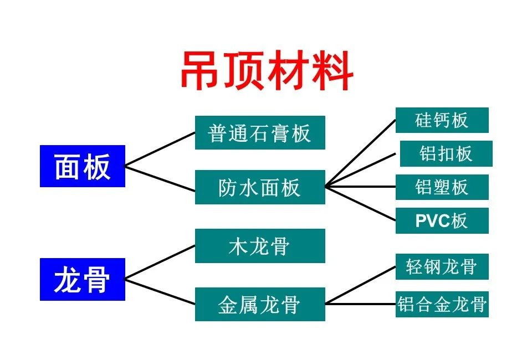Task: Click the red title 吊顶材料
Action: pyautogui.click(x=267, y=70)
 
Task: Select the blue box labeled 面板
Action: pyautogui.click(x=83, y=166)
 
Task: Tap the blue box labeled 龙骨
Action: pyautogui.click(x=83, y=279)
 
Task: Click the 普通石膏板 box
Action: pyautogui.click(x=260, y=133)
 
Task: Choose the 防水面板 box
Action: pyautogui.click(x=260, y=187)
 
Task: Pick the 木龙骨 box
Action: pyautogui.click(x=260, y=246)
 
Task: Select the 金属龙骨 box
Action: pyautogui.click(x=260, y=304)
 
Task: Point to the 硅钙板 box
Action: pyautogui.click(x=442, y=120)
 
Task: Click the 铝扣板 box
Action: pyautogui.click(x=446, y=154)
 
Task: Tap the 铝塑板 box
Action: pyautogui.click(x=442, y=187)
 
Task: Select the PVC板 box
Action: pyautogui.click(x=442, y=220)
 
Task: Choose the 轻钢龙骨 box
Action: pyautogui.click(x=442, y=266)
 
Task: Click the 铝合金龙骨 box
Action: pyautogui.click(x=442, y=304)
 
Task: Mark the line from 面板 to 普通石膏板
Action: pyautogui.click(x=160, y=149)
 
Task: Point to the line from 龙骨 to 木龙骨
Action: pyautogui.click(x=160, y=263)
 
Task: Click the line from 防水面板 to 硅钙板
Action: pyautogui.click(x=361, y=153)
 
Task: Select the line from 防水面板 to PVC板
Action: pyautogui.click(x=361, y=204)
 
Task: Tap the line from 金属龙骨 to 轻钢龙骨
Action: pyautogui.click(x=361, y=285)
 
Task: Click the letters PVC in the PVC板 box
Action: pyautogui.click(x=433, y=221)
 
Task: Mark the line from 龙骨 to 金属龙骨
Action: pyautogui.click(x=160, y=292)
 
